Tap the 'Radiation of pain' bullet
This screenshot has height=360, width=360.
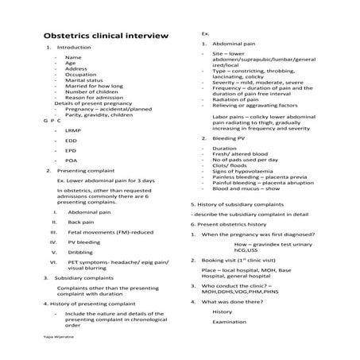point(238,99)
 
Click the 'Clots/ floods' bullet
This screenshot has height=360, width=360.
point(231,165)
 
